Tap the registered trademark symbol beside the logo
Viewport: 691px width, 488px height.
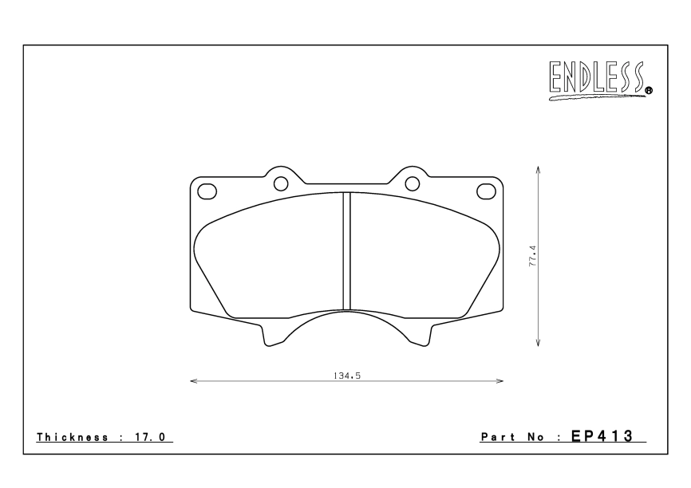pos(649,91)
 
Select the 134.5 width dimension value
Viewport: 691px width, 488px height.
pos(347,376)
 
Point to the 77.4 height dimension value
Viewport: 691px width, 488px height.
pos(532,256)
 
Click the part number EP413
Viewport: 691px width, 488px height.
pos(602,436)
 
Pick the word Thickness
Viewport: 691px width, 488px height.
pos(73,437)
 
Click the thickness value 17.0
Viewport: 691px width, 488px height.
pos(149,437)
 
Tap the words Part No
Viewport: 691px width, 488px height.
pos(512,437)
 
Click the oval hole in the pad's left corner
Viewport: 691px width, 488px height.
pos(207,191)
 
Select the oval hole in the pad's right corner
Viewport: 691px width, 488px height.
pos(486,191)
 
